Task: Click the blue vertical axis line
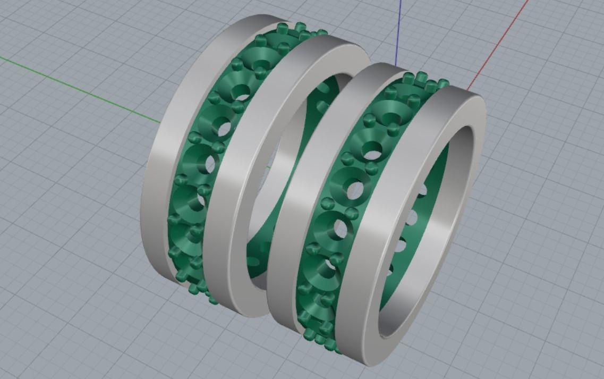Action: click(x=398, y=32)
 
